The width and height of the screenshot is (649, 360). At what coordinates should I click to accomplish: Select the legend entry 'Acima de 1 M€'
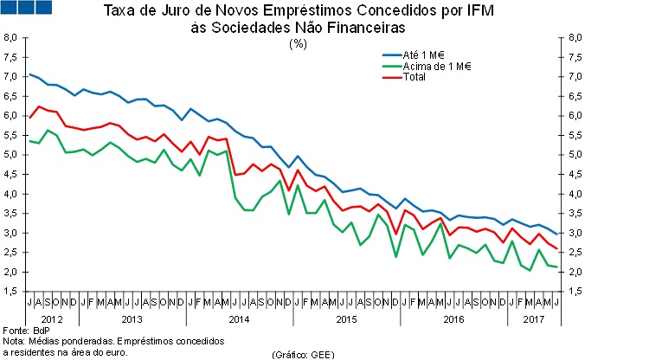443,66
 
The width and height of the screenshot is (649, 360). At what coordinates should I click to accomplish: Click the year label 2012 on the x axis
53,318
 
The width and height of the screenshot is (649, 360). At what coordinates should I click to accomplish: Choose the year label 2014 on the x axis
239,318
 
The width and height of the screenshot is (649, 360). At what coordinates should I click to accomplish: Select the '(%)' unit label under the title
299,42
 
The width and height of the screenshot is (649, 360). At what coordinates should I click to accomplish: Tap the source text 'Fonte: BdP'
24,331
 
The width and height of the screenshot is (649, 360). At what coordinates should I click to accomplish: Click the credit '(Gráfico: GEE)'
303,354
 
